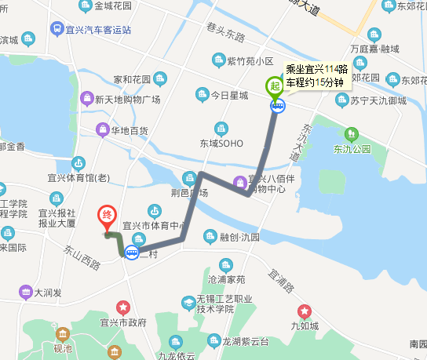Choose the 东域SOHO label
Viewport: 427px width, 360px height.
[221, 144]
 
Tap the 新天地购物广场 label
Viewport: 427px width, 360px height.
[127, 100]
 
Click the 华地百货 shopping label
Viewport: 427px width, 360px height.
[130, 130]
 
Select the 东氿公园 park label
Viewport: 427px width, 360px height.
[351, 148]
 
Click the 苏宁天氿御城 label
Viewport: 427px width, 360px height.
[380, 100]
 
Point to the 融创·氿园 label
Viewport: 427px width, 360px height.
[239, 236]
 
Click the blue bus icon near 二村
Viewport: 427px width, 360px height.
[132, 253]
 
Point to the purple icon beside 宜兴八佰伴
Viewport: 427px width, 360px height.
[239, 184]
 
